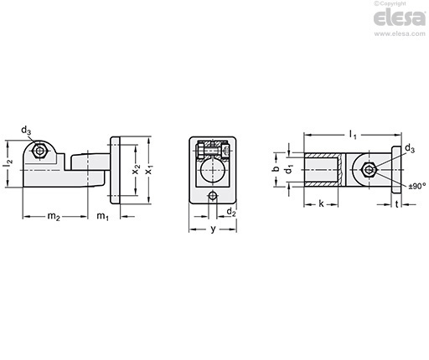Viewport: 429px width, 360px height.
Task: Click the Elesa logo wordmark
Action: (400, 18)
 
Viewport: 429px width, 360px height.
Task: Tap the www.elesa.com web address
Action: (400, 33)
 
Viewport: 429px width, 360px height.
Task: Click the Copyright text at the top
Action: (390, 3)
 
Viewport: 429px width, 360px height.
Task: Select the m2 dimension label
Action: (54, 216)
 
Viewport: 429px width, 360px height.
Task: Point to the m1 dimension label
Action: (102, 216)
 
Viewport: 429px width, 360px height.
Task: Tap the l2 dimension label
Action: (8, 164)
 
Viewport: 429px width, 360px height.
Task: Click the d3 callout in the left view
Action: (26, 131)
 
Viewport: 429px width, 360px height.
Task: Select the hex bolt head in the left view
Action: (39, 151)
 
